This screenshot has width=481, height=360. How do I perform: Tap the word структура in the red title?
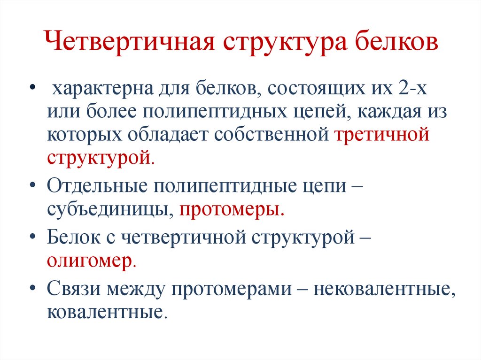[280, 43]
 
